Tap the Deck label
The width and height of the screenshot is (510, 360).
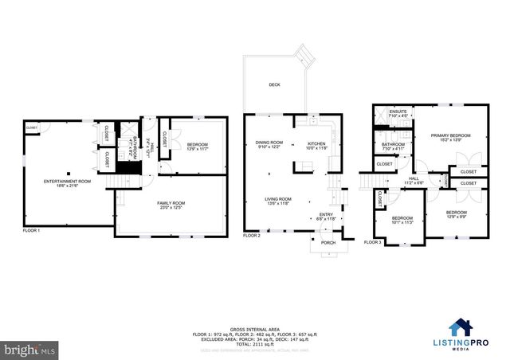(x=275, y=84)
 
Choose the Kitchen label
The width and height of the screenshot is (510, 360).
(x=318, y=145)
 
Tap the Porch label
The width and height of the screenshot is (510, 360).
(x=328, y=243)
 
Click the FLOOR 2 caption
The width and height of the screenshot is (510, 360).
(x=253, y=236)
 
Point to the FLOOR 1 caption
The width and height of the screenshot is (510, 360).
(x=32, y=229)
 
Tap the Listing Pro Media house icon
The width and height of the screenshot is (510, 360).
(x=459, y=327)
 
